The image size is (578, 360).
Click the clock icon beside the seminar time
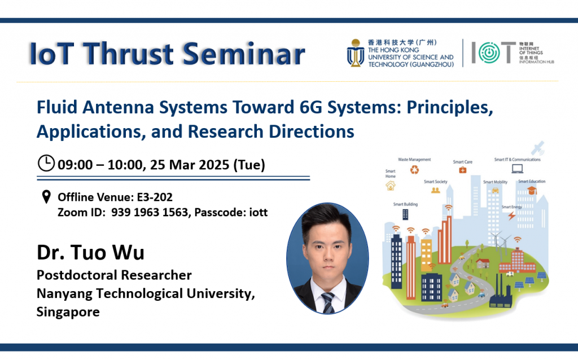pyautogui.click(x=46, y=163)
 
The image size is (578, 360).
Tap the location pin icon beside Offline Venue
pyautogui.click(x=46, y=197)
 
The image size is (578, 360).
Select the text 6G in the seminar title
pyautogui.click(x=311, y=107)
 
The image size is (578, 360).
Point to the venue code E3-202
pyautogui.click(x=155, y=197)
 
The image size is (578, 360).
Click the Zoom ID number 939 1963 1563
pyautogui.click(x=150, y=212)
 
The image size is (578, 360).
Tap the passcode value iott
pyautogui.click(x=259, y=212)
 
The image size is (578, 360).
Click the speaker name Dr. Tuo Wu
pyautogui.click(x=90, y=252)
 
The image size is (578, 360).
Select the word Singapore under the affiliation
pyautogui.click(x=68, y=311)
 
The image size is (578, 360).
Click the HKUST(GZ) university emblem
pyautogui.click(x=356, y=52)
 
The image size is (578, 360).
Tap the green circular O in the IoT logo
pyautogui.click(x=489, y=52)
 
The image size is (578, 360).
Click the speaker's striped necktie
pyautogui.click(x=327, y=302)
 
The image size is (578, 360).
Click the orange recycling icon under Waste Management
pyautogui.click(x=415, y=169)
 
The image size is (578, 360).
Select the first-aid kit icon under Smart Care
pyautogui.click(x=463, y=170)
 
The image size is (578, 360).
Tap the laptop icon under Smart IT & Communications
pyautogui.click(x=517, y=168)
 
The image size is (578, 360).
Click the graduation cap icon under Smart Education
pyautogui.click(x=532, y=190)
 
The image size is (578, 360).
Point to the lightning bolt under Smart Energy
pyautogui.click(x=511, y=216)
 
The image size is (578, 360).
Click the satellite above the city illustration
pyautogui.click(x=537, y=148)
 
